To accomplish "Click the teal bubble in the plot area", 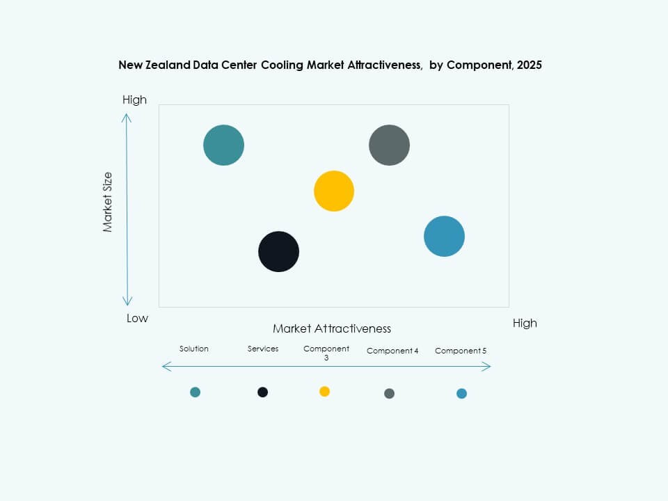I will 223,145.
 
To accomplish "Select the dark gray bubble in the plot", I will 389,145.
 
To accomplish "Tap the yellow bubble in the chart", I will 334,191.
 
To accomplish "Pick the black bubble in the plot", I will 278,252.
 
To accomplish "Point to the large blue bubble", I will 444,237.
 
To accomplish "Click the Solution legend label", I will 193,349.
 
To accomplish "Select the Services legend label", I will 263,349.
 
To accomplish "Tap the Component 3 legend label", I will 326,353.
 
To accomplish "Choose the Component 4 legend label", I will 392,351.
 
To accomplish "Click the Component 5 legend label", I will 461,351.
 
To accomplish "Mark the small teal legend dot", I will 195,392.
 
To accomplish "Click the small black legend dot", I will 262,392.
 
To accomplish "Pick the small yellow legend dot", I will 324,392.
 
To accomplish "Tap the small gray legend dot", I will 389,394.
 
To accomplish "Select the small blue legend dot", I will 461,394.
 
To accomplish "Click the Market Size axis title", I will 108,202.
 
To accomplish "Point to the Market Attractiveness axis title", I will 332,328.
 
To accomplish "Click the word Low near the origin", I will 137,318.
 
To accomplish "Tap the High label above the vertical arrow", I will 134,100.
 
